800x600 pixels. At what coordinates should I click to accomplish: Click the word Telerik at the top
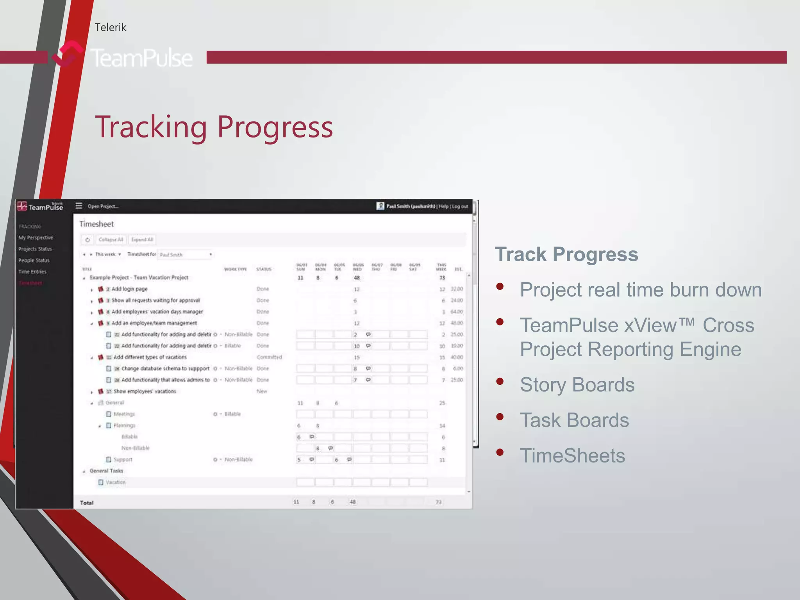pyautogui.click(x=111, y=27)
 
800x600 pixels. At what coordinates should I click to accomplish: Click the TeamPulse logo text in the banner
pyautogui.click(x=141, y=58)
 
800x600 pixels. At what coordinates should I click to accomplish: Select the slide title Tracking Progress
pyautogui.click(x=214, y=127)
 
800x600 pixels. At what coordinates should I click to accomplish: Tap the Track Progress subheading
pyautogui.click(x=566, y=254)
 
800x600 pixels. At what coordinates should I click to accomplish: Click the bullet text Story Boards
pyautogui.click(x=577, y=384)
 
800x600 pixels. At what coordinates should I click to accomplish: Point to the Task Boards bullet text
pyautogui.click(x=574, y=420)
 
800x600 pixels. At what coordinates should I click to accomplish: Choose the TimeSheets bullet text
pyautogui.click(x=572, y=455)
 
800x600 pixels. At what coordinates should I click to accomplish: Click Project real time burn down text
pyautogui.click(x=641, y=290)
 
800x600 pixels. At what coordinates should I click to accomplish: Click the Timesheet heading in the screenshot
pyautogui.click(x=96, y=224)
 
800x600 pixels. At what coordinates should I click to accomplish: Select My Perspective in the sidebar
pyautogui.click(x=36, y=237)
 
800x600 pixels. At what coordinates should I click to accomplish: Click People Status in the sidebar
pyautogui.click(x=34, y=260)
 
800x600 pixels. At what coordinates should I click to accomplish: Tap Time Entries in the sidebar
pyautogui.click(x=32, y=271)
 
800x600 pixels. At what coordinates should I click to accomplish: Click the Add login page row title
pyautogui.click(x=129, y=289)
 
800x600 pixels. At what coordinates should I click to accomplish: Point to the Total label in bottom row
pyautogui.click(x=87, y=503)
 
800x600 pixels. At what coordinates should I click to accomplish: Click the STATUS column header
pyautogui.click(x=264, y=269)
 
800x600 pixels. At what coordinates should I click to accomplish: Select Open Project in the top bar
pyautogui.click(x=103, y=206)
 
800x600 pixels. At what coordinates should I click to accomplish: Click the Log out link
pyautogui.click(x=460, y=206)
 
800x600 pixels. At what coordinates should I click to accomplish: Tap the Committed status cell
pyautogui.click(x=269, y=357)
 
